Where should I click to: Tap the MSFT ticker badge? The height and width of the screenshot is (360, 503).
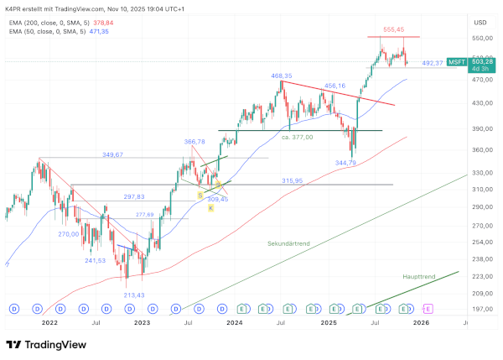tap(457, 62)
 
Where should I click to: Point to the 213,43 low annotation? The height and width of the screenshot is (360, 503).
tap(133, 295)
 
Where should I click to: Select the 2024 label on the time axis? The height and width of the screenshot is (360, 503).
tap(235, 321)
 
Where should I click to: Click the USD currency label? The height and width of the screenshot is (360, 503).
tap(480, 22)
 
